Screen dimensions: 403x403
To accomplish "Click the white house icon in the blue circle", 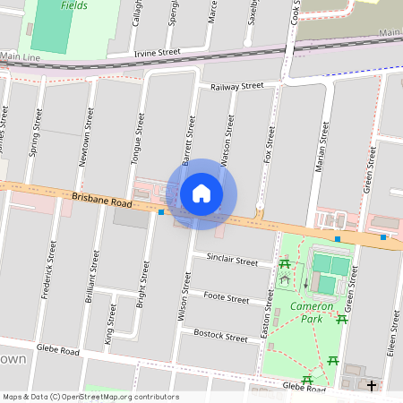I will click(201, 193).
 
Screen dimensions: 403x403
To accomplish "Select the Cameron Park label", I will click(312, 313).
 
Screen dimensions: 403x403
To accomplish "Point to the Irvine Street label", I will click(157, 54).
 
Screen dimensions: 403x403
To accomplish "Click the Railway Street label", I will click(236, 87).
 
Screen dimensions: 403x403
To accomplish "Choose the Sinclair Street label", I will click(232, 261).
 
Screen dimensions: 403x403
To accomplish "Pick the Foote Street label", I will click(226, 297).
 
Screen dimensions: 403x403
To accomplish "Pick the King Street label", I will click(111, 323).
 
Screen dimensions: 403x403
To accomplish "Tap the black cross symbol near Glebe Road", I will click(372, 385).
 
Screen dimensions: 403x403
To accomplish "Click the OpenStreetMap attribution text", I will click(90, 397).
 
